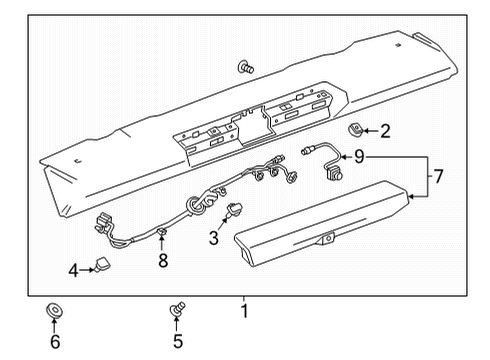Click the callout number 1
click(x=243, y=301)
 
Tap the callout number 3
click(x=212, y=238)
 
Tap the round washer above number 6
click(x=54, y=310)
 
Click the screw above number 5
click(x=178, y=311)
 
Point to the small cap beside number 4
click(x=102, y=265)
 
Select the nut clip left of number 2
click(x=354, y=129)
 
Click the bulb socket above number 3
click(x=237, y=209)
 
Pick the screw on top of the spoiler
click(x=243, y=67)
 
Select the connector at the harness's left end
click(x=101, y=223)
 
